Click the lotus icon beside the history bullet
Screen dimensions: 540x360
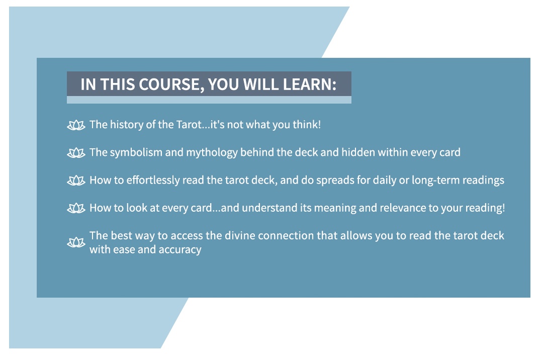click(76, 125)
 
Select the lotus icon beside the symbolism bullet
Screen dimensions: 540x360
click(76, 153)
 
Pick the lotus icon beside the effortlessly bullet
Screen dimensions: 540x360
click(76, 180)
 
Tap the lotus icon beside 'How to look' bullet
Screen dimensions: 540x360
click(76, 208)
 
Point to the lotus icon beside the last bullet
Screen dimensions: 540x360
click(76, 242)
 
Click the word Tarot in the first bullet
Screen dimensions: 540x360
click(189, 124)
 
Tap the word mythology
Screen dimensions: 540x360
click(212, 153)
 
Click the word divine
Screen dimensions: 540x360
click(240, 236)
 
